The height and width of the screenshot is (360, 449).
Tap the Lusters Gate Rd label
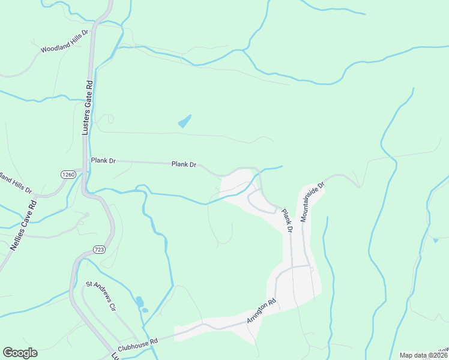[87, 108]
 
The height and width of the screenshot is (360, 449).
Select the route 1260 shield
[68, 174]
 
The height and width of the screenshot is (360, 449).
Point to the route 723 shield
[100, 248]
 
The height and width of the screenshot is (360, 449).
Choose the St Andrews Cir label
[100, 296]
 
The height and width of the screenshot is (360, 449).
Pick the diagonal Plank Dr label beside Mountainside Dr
[286, 220]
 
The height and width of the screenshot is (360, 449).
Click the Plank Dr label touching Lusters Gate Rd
[103, 161]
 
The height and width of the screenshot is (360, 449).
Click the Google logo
[20, 353]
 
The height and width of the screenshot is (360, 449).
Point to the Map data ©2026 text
[424, 355]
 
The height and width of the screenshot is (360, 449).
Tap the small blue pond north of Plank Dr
[184, 121]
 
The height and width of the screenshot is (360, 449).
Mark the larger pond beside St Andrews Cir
[139, 301]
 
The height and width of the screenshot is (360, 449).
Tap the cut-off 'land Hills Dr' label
[15, 182]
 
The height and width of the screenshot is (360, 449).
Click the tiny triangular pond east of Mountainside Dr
[436, 240]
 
